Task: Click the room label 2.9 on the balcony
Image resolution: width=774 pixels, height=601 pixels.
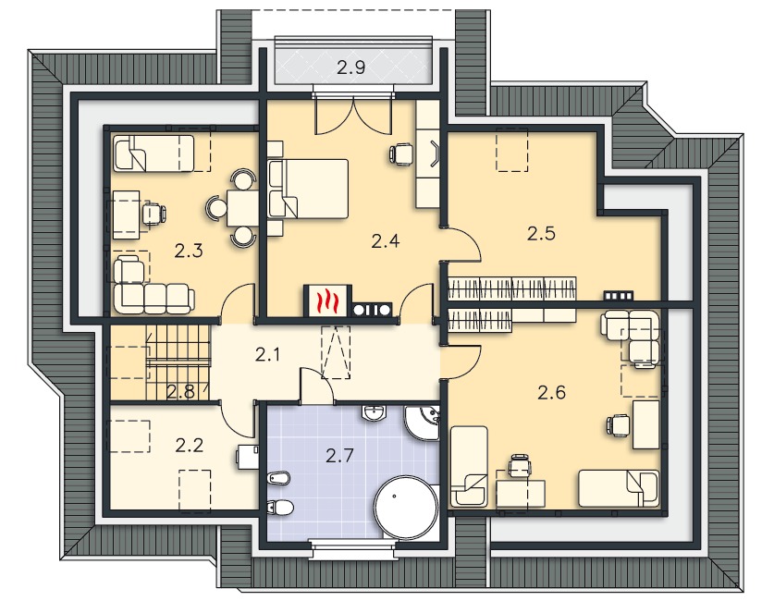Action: pos(351,67)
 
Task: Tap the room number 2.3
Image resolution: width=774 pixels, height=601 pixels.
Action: pos(189,251)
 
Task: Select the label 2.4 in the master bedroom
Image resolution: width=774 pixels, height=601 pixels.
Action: pos(385,241)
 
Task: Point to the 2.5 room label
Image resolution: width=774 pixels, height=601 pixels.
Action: pos(541,233)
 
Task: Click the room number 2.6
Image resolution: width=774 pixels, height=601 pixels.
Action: pos(551,393)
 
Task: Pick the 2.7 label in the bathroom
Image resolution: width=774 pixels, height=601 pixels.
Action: pos(340,456)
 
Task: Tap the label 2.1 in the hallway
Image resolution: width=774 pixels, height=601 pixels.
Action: pos(267,354)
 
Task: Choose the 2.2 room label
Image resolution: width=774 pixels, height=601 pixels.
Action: pos(190,446)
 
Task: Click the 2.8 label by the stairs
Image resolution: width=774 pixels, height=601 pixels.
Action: pos(179,392)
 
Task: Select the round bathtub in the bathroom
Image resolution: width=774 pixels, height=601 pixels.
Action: pos(406,507)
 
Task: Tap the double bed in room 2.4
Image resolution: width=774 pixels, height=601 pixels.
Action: pos(308,189)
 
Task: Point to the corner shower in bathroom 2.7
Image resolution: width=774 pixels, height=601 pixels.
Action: pos(423,423)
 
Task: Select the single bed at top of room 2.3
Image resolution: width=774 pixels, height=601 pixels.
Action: pos(154,153)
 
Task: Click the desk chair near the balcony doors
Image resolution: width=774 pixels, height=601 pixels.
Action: pos(400,153)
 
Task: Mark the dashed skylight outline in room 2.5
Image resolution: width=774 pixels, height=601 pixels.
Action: pos(512,150)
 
